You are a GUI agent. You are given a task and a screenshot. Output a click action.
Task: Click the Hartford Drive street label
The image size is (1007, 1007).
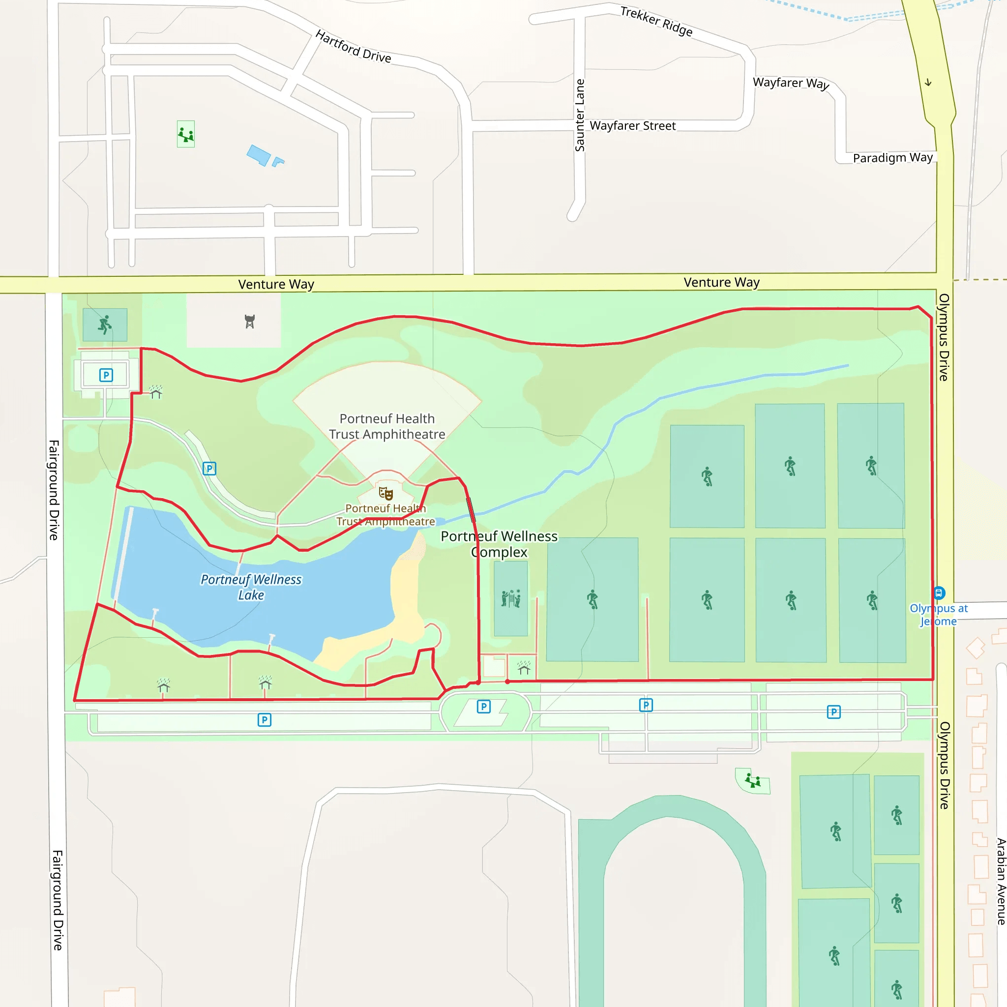pos(353,47)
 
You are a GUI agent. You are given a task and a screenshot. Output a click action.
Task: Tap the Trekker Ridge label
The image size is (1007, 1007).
pos(656,21)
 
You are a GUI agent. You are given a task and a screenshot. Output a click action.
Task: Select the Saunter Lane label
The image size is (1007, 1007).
pos(580,115)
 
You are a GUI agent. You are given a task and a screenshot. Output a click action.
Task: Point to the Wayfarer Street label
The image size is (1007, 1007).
pos(632,125)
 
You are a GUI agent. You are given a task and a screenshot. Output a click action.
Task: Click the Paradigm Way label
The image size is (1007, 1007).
pos(892,157)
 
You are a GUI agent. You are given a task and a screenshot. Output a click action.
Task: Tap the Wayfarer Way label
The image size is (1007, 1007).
pos(791,83)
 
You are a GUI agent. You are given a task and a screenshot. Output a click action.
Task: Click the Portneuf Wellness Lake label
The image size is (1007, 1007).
pos(251,587)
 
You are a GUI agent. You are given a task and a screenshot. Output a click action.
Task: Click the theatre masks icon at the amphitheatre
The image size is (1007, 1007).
pos(385,493)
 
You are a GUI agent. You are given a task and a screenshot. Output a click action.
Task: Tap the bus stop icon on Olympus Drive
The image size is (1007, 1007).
pos(939,592)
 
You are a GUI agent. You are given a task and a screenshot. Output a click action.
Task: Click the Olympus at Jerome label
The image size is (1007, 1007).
pos(938,615)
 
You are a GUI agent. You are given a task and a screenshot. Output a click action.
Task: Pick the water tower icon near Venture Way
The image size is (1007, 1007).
pos(250,322)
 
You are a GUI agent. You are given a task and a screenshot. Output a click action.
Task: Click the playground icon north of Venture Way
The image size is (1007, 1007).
pos(185,134)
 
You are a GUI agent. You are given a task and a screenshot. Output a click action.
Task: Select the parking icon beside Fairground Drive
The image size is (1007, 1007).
pos(106,375)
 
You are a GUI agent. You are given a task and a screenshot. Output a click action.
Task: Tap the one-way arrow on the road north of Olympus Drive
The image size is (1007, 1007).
pos(928,82)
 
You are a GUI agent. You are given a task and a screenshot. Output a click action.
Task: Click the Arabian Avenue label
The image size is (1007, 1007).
pos(1001,881)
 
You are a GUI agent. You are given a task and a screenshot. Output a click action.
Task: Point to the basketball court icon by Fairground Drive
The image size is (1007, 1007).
pos(105,324)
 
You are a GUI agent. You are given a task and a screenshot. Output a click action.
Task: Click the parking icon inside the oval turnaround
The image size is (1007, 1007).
pos(484,706)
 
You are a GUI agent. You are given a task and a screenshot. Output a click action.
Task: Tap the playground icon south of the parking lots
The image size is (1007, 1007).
pos(753,781)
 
